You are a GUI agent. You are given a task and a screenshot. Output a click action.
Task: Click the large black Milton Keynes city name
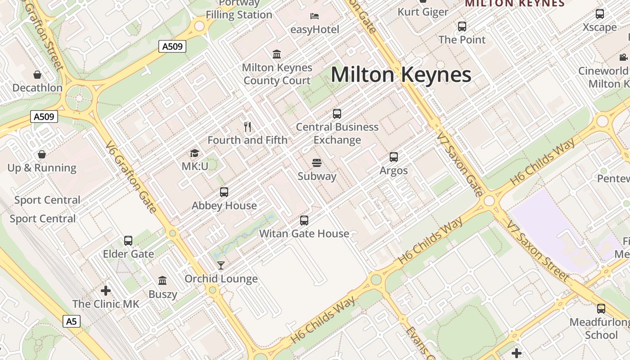(x=401, y=75)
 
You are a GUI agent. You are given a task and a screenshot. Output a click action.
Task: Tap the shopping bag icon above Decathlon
(x=37, y=74)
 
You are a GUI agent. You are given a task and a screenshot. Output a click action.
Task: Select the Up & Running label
(x=42, y=168)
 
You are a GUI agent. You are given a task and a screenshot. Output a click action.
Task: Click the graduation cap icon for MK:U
(x=194, y=153)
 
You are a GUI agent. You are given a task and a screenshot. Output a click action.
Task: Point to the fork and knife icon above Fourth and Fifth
(x=247, y=126)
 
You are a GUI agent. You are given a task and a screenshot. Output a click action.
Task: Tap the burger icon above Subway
(x=317, y=162)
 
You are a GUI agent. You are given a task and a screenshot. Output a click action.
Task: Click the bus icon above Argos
(x=394, y=157)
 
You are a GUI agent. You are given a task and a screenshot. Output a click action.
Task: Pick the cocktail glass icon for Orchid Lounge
(x=221, y=265)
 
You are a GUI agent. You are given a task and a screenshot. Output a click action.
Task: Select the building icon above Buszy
(x=163, y=281)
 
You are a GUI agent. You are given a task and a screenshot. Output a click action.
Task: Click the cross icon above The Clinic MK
(x=106, y=291)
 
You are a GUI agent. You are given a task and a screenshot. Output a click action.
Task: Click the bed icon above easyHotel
(x=315, y=16)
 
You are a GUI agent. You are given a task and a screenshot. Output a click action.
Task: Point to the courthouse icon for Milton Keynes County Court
(x=277, y=54)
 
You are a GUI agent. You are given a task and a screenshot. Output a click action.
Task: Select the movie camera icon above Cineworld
(x=623, y=57)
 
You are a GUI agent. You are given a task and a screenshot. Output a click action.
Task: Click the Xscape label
(x=600, y=27)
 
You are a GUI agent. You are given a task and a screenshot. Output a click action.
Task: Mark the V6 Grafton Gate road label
(x=132, y=177)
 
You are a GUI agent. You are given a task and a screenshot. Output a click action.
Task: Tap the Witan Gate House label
(x=304, y=234)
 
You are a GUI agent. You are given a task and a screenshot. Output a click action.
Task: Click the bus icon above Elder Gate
(x=128, y=241)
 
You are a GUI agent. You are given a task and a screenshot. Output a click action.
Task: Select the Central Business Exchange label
(x=337, y=134)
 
